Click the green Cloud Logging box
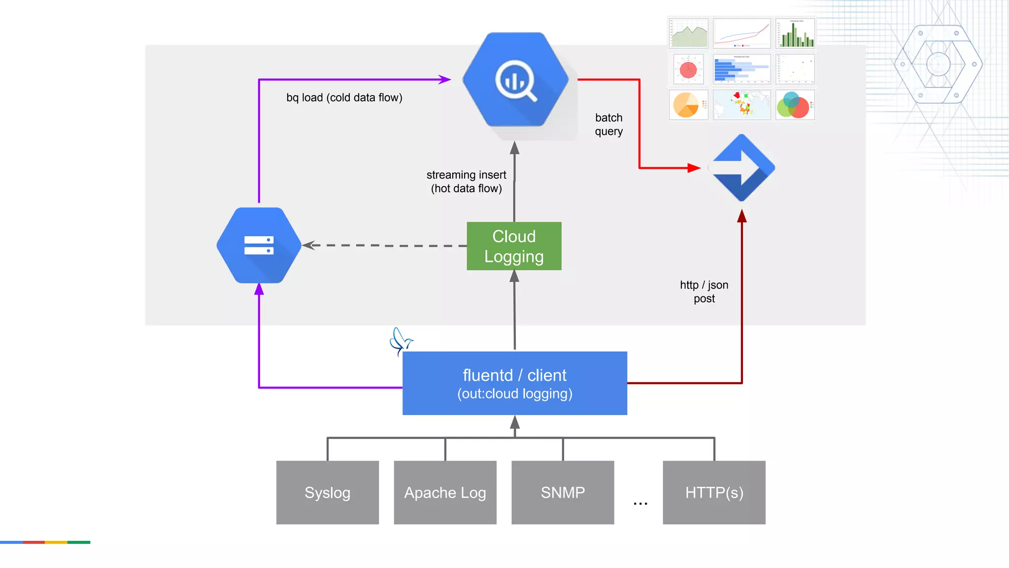[514, 246]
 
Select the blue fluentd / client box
[514, 383]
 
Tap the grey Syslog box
[327, 492]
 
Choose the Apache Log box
[445, 492]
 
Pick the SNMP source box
[563, 492]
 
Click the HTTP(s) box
[714, 492]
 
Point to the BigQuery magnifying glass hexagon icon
[515, 80]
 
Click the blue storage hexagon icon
[259, 245]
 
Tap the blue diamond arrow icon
[743, 168]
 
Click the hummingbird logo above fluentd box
[401, 341]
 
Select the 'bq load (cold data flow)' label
[344, 98]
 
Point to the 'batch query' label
[609, 124]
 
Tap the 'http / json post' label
[704, 291]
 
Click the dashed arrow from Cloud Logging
[384, 245]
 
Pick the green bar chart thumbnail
[795, 34]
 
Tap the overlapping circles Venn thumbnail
[794, 105]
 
